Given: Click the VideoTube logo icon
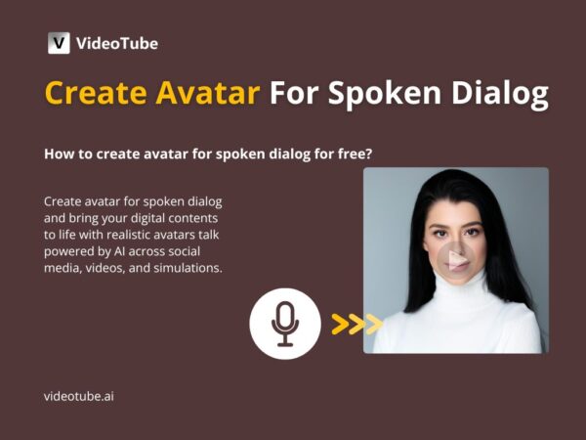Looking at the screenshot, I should (x=59, y=43).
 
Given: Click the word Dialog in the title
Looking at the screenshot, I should (x=496, y=95).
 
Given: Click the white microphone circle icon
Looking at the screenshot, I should (x=285, y=324).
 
